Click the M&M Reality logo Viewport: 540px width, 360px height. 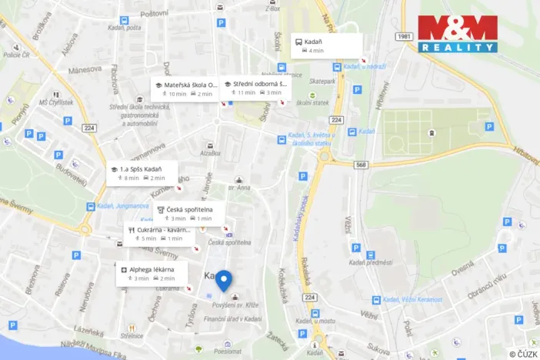click(x=458, y=34)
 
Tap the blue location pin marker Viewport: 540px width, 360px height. click(x=224, y=281)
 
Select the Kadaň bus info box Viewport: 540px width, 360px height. click(x=328, y=45)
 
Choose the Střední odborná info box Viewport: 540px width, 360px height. click(x=254, y=88)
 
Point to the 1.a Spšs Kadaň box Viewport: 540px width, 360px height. click(x=142, y=173)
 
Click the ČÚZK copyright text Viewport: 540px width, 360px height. click(x=523, y=354)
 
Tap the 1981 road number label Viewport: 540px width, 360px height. click(x=406, y=36)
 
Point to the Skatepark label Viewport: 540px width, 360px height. click(x=322, y=80)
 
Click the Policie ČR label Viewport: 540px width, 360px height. click(x=15, y=55)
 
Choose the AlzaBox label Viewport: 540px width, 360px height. click(x=209, y=154)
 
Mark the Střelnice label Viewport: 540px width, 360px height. click(x=132, y=335)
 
